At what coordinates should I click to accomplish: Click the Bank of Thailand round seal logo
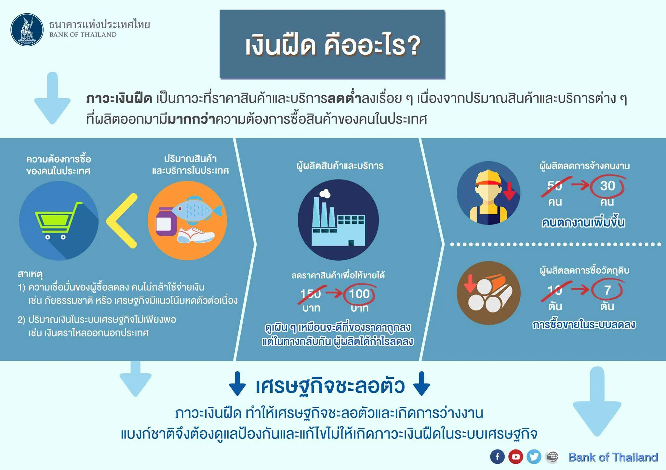(27, 30)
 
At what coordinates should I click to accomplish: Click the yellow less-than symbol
(122, 221)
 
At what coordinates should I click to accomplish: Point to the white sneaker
(195, 235)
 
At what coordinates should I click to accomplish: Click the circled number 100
(359, 294)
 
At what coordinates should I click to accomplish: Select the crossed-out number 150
(311, 294)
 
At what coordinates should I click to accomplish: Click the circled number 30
(607, 186)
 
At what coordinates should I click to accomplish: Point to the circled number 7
(607, 290)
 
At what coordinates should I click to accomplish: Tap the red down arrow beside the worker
(509, 191)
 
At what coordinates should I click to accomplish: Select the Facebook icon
(497, 457)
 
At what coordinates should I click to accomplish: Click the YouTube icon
(516, 457)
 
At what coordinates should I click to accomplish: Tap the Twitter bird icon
(534, 457)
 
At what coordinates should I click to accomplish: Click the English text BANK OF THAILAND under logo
(83, 35)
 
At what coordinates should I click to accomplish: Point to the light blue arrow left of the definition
(52, 98)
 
